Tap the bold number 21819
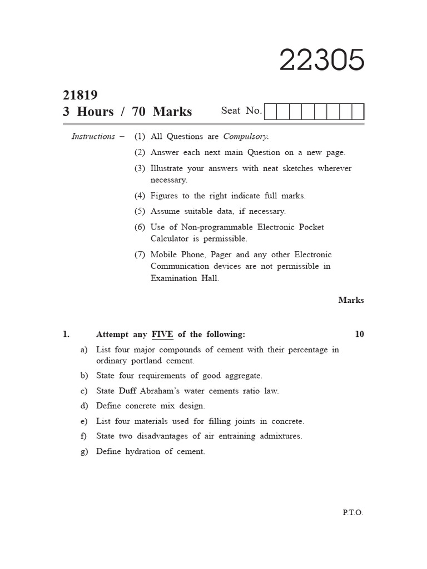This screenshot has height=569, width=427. (x=80, y=95)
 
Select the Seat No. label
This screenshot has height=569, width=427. (x=241, y=111)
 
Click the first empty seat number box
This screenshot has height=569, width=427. (x=270, y=112)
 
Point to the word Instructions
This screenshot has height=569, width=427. (x=93, y=136)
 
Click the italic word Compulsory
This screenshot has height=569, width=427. (x=246, y=136)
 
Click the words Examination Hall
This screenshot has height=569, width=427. (x=185, y=278)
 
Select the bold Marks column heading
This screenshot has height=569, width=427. (x=351, y=300)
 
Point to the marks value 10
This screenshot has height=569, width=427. (x=359, y=334)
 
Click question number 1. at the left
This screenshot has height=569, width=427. (x=66, y=334)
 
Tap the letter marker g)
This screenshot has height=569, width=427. (x=85, y=452)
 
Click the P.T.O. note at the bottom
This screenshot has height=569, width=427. (x=353, y=513)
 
